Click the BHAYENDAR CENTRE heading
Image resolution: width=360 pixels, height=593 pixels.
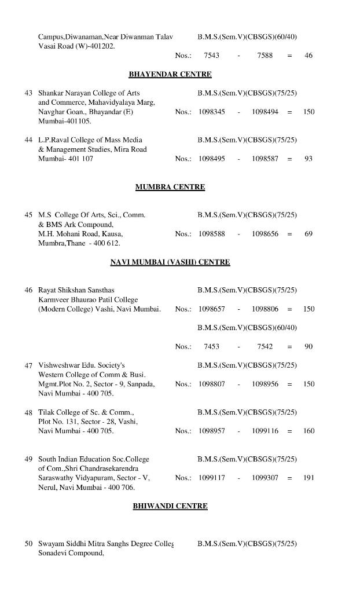coord(170,74)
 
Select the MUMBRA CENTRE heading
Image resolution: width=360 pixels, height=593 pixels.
coord(170,187)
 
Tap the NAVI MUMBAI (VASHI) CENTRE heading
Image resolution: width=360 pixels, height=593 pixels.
coord(170,262)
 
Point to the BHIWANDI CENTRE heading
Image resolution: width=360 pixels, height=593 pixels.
coord(170,506)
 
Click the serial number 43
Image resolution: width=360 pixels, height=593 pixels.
coord(28,93)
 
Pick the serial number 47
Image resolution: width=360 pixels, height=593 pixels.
coord(28,365)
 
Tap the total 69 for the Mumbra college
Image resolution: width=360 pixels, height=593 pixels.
coord(308,234)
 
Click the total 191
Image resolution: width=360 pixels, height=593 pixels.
coord(308,478)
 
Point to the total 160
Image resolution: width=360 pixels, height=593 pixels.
coord(308,431)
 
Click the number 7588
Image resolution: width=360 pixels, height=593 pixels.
coord(265,56)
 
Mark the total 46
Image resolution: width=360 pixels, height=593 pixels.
coord(308,56)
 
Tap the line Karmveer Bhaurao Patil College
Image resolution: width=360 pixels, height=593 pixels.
coord(88,299)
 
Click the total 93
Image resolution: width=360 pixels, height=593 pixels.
coord(308,159)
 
